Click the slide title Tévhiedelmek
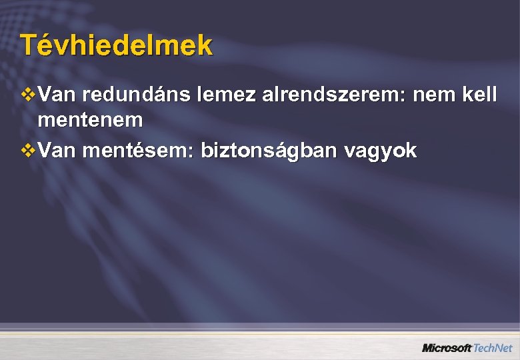coord(117,45)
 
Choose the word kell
coord(477,96)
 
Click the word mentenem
coord(91,121)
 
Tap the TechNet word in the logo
coord(493,348)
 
